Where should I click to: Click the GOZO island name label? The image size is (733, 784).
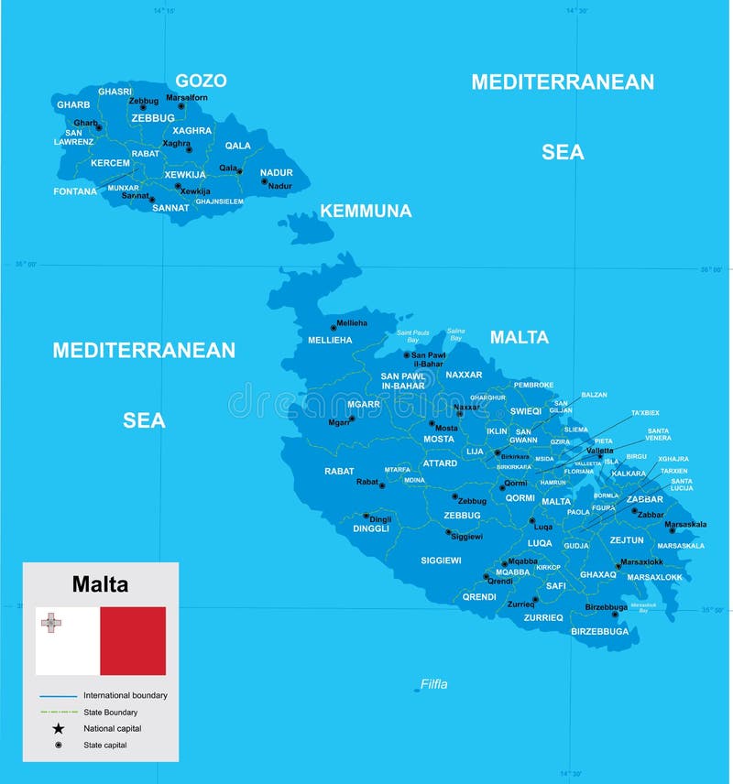pos(201,81)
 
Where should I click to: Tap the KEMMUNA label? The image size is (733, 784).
pos(366,212)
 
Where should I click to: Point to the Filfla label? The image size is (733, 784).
pos(434,684)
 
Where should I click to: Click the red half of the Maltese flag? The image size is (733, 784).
pos(133,641)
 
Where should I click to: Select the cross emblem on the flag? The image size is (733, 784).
pos(51,624)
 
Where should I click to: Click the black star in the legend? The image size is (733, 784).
pos(59,729)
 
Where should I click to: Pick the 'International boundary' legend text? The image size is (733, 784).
pos(126,695)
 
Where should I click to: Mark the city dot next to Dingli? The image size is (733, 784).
pos(366,516)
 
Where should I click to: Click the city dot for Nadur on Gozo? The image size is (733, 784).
pos(265,181)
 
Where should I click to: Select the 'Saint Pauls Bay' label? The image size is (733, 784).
pos(413,336)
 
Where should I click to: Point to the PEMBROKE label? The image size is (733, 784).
pos(533,385)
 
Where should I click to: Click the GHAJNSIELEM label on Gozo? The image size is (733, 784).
pos(219,201)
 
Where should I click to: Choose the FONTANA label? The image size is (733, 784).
pos(75,191)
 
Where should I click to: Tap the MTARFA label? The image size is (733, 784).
pos(397,469)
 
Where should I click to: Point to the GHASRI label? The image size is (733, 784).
pos(115,92)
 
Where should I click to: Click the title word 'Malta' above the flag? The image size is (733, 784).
pos(101,584)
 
